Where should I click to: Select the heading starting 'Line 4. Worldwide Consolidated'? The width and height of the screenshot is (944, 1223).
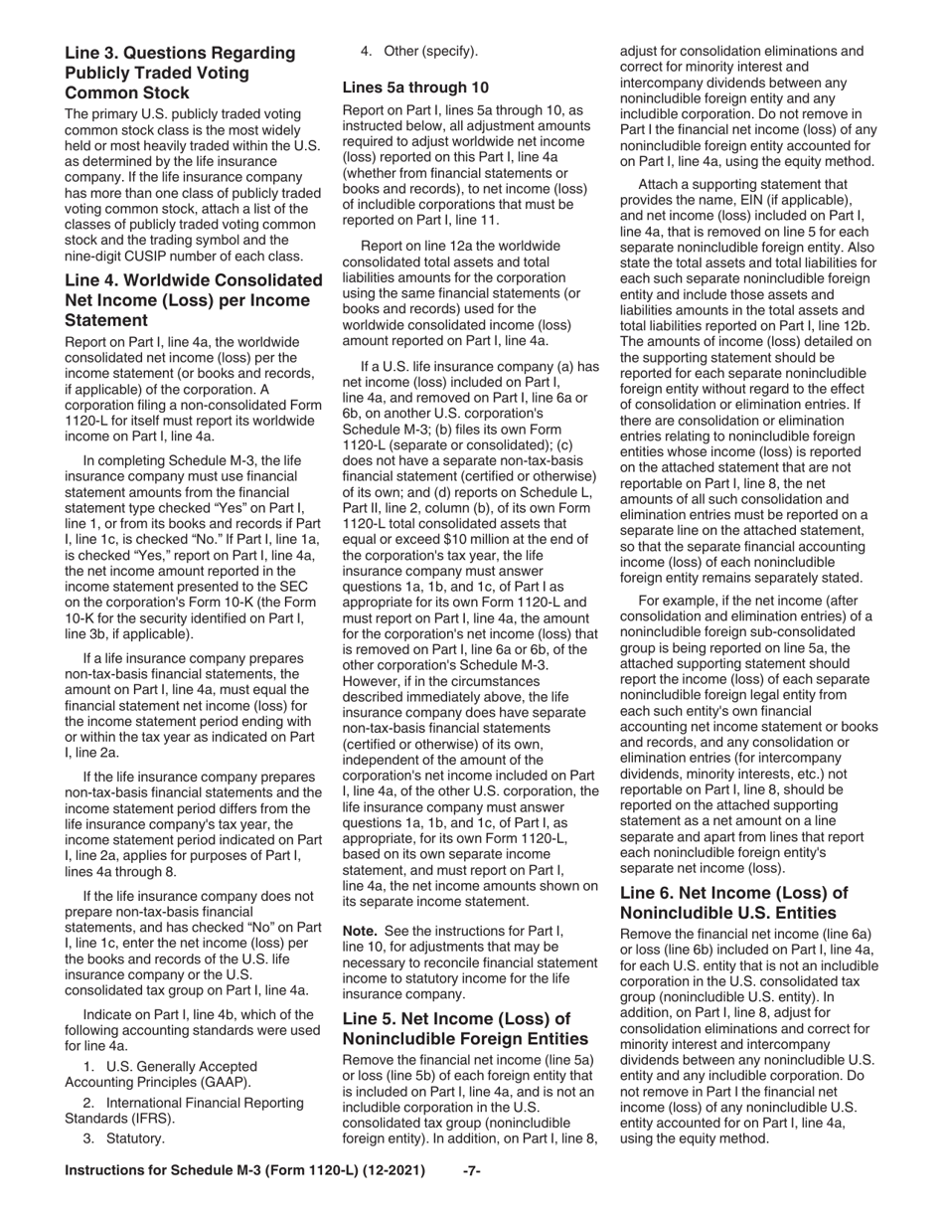[193, 299]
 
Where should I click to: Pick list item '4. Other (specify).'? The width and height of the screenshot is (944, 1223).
[418, 51]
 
